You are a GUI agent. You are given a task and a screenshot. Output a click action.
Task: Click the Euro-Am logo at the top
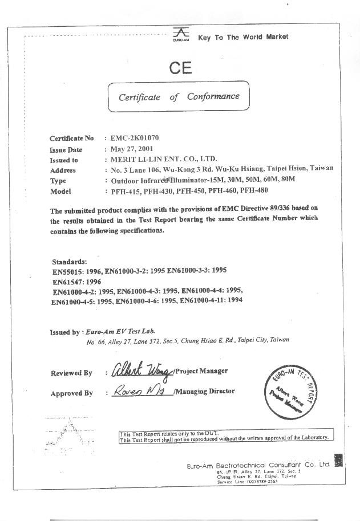(x=180, y=35)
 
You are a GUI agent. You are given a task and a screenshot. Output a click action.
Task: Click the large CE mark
(x=180, y=69)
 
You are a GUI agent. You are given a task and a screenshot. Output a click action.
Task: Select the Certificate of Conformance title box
(x=179, y=97)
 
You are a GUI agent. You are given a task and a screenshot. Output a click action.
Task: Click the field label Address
(x=63, y=170)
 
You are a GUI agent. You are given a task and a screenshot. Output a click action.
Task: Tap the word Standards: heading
(x=70, y=261)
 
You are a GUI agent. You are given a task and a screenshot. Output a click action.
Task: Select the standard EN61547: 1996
(x=77, y=282)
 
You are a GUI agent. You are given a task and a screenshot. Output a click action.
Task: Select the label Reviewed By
(x=71, y=373)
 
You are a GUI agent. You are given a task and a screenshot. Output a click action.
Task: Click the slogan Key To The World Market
(x=243, y=37)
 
